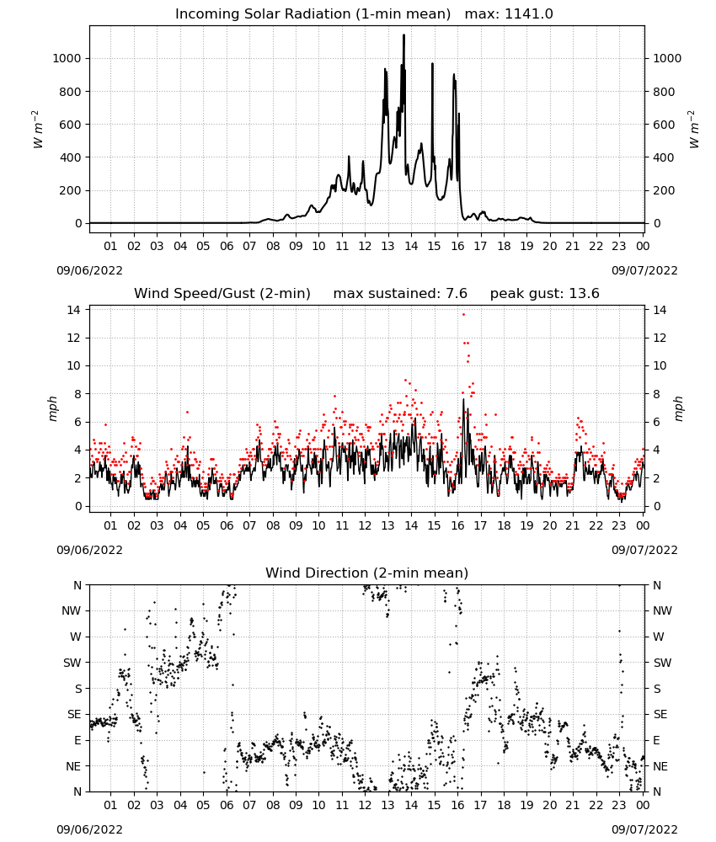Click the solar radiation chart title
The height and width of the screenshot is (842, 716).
364,14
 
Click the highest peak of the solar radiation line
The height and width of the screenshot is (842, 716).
404,35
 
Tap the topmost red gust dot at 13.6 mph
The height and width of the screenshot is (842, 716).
463,314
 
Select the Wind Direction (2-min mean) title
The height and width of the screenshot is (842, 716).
367,573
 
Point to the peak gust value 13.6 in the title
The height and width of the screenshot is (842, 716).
584,294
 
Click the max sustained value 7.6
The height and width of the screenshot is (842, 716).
457,294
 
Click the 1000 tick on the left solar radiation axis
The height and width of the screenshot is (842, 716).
67,59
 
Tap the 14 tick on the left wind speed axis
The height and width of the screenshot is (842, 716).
74,310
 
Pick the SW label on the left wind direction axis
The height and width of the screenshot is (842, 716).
72,663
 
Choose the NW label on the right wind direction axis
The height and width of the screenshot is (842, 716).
662,610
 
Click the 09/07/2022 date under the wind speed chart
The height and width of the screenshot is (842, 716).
644,550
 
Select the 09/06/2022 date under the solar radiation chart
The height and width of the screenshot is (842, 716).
89,270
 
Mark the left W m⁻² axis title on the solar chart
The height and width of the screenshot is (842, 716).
38,129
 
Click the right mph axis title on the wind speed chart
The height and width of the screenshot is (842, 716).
678,408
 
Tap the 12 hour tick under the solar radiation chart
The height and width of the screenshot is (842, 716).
365,246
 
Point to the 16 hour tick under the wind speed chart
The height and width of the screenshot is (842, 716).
457,525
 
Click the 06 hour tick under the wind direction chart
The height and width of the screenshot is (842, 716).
226,805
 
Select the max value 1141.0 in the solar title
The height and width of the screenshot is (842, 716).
528,14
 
